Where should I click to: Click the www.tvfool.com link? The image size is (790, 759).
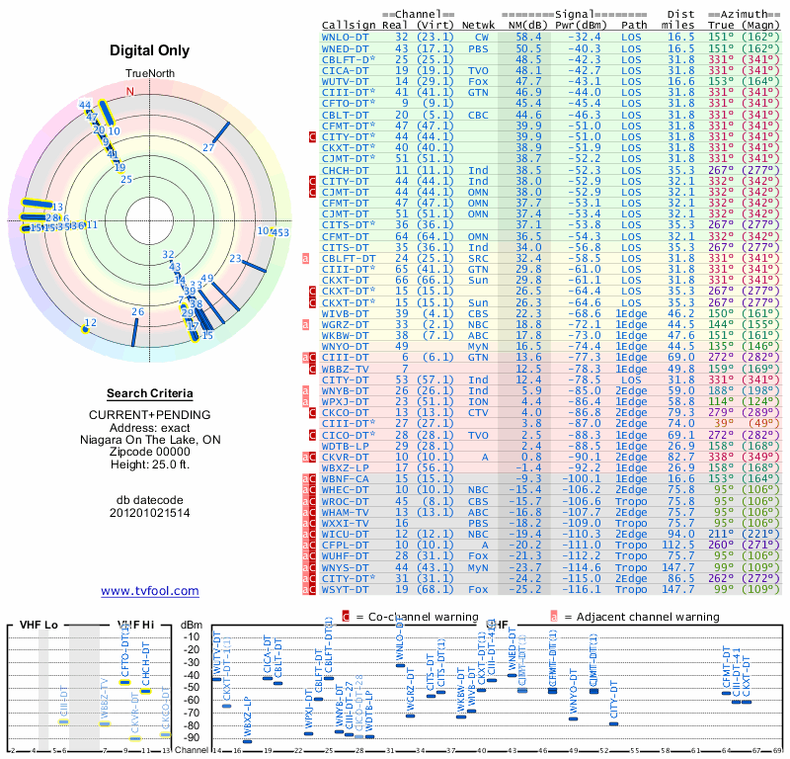150,591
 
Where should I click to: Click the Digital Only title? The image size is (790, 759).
150,50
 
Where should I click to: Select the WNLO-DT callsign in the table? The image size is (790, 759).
346,36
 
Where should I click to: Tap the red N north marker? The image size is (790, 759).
128,92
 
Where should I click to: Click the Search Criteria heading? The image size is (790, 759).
150,393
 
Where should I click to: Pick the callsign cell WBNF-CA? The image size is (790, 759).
346,478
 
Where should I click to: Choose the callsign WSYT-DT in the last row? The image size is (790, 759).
346,589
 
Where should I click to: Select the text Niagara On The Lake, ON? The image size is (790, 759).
150,440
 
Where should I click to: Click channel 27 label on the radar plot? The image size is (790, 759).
208,147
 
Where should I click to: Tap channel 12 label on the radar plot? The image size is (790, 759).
91,322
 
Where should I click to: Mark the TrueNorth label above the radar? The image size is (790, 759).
149,74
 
